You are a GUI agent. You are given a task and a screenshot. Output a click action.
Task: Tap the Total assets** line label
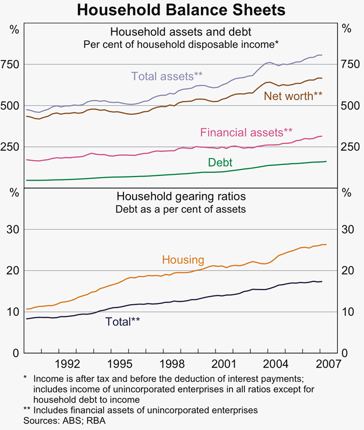(x=167, y=76)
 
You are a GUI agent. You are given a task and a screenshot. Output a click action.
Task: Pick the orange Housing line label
(x=183, y=260)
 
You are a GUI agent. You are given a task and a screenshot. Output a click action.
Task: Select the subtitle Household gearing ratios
(x=181, y=196)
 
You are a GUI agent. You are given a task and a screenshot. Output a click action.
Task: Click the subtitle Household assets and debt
(x=181, y=31)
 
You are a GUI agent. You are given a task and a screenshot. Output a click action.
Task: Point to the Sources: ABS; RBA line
(x=60, y=420)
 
